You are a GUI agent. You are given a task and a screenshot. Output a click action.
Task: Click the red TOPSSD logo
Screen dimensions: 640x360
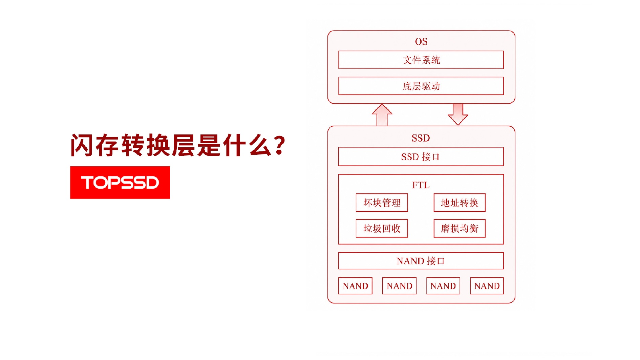pos(120,183)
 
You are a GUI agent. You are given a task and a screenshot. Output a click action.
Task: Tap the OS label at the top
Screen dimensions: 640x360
pos(421,42)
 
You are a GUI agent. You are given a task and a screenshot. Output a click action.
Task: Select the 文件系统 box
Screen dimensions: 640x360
pos(421,60)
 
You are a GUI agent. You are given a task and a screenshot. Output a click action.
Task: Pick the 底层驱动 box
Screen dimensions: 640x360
pos(421,86)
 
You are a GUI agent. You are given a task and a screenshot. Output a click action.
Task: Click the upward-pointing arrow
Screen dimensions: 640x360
pos(382,115)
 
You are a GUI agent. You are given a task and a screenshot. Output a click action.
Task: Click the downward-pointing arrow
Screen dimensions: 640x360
pos(458,114)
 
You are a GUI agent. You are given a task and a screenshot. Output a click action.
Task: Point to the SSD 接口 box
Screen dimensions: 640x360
pos(421,156)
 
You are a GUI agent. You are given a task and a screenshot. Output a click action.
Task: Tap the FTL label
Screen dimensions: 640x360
pos(421,185)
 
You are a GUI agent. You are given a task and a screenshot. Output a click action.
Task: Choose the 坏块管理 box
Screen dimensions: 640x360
pos(382,203)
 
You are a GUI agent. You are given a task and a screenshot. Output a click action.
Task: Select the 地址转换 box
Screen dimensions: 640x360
pos(460,203)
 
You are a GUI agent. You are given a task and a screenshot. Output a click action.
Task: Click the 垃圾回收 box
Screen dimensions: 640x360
pos(382,228)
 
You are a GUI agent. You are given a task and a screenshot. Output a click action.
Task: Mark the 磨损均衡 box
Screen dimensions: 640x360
pos(460,228)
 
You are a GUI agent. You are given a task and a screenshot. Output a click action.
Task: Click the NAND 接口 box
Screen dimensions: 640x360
pos(421,261)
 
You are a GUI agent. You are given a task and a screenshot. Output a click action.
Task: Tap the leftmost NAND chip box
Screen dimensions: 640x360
pos(355,286)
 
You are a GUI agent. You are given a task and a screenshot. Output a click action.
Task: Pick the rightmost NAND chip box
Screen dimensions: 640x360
pos(487,286)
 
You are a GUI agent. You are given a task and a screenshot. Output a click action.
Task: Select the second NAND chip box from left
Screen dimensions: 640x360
pos(399,286)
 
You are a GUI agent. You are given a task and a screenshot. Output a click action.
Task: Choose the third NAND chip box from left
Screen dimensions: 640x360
pos(443,286)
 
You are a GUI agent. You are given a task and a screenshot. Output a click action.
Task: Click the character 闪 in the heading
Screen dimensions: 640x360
pos(82,145)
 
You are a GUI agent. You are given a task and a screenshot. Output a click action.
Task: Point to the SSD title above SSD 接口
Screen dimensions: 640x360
pos(421,138)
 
